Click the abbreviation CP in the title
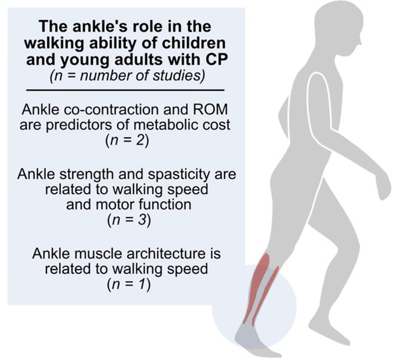pos(217,60)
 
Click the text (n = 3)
pos(129,220)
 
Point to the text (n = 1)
pos(129,285)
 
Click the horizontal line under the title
pos(125,90)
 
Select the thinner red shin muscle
pos(266,296)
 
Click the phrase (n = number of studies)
pos(127,76)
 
